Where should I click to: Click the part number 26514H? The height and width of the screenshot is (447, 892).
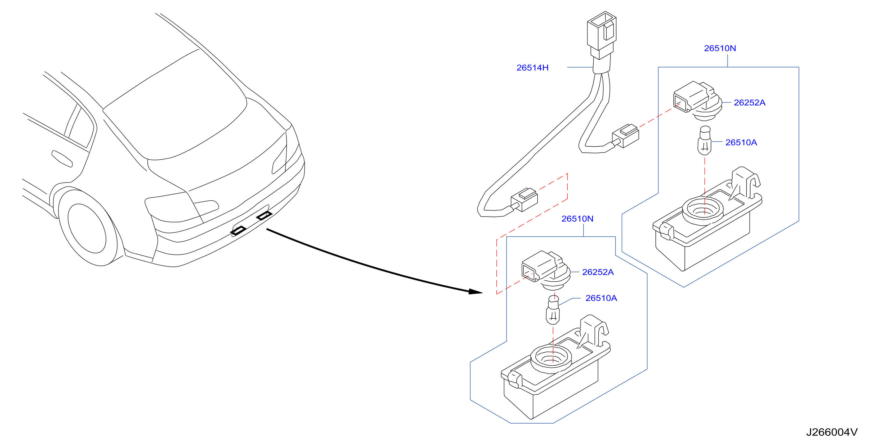[x=532, y=67]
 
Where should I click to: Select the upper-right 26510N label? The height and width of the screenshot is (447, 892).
[x=720, y=48]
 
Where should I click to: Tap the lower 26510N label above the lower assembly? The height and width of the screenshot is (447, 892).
[x=577, y=218]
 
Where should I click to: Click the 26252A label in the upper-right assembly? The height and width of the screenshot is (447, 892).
[x=749, y=102]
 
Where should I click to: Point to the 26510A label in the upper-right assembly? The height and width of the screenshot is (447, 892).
[x=741, y=142]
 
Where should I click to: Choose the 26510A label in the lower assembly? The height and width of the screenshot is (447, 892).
[x=601, y=298]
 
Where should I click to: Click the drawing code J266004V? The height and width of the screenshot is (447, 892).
[x=832, y=432]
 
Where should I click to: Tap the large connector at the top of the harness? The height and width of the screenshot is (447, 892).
[x=601, y=35]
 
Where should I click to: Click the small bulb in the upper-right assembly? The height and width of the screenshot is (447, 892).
[x=704, y=141]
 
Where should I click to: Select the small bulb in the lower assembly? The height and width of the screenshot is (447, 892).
[x=553, y=309]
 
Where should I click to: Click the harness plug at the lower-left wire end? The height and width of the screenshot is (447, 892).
[x=524, y=199]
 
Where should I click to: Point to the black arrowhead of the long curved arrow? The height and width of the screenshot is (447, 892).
[x=475, y=292]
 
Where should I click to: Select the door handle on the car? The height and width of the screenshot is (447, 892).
[x=62, y=158]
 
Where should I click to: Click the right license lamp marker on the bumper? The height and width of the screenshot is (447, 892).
[x=264, y=215]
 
